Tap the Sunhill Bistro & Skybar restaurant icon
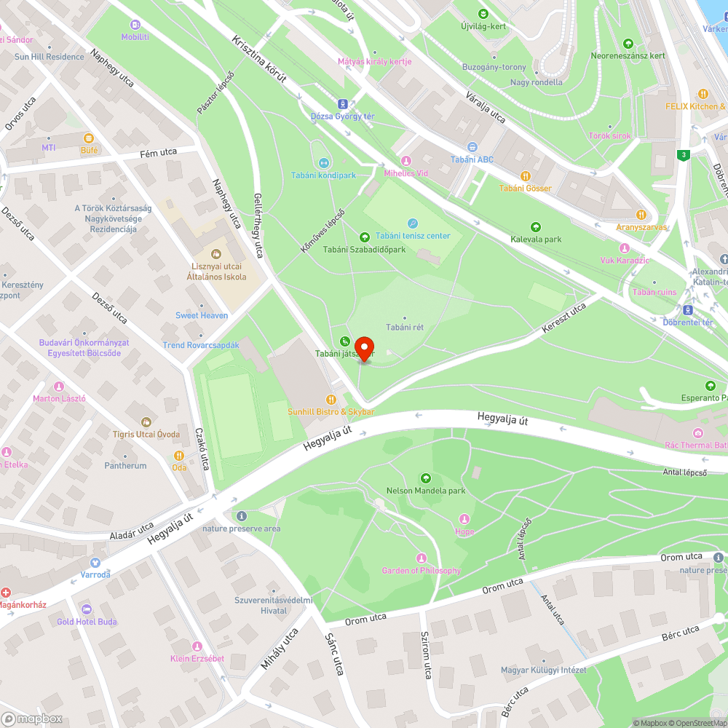[331, 399]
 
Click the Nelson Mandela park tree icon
[426, 478]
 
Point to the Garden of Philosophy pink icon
[421, 558]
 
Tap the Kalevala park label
[536, 239]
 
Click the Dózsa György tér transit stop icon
[343, 103]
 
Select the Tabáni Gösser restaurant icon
[525, 175]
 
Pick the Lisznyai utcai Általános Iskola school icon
[215, 254]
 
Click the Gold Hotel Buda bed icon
[87, 609]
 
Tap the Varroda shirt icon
[95, 562]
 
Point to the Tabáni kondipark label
[323, 175]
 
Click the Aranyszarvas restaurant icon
[641, 214]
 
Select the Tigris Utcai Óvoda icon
[146, 422]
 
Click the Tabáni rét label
[405, 328]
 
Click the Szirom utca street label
[426, 654]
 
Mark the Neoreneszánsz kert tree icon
[628, 44]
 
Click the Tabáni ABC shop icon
[472, 147]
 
